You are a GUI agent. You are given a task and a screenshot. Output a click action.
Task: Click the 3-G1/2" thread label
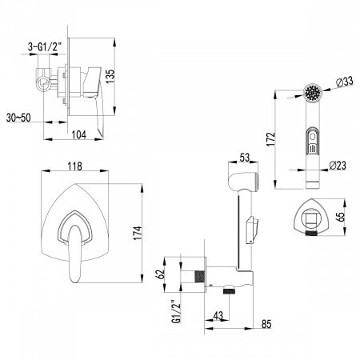click(45, 47)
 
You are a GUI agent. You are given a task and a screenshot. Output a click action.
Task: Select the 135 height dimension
click(110, 76)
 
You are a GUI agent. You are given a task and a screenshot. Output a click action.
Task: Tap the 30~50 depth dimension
click(18, 118)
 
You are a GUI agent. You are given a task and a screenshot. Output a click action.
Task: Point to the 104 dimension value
click(79, 134)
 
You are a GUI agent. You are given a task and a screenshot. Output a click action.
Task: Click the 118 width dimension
click(75, 166)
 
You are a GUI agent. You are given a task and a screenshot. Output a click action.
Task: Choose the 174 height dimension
click(138, 233)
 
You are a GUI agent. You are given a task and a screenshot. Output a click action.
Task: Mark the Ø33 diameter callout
click(344, 82)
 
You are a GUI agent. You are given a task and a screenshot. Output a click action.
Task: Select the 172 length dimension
click(270, 139)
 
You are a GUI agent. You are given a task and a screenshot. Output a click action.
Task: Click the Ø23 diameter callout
click(338, 166)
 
